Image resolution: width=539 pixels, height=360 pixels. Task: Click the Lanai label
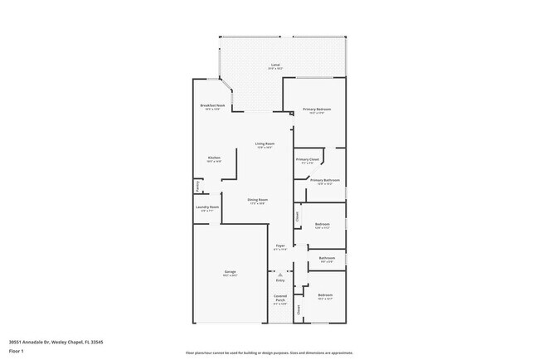(274, 65)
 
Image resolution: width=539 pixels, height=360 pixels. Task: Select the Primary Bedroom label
(318, 109)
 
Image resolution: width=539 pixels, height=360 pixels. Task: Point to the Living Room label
(265, 144)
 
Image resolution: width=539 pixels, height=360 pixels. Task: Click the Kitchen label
(214, 158)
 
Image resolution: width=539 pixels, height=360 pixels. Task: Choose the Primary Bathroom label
(325, 179)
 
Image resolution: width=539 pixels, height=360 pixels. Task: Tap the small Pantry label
(197, 185)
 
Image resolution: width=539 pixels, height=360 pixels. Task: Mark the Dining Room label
(257, 199)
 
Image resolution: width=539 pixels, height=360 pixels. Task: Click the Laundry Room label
(207, 207)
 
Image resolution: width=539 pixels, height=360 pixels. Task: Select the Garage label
(230, 272)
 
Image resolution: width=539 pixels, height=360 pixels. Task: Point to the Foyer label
(280, 246)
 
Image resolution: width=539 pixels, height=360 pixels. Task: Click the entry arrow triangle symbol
(280, 273)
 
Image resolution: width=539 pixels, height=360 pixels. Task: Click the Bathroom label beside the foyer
(327, 258)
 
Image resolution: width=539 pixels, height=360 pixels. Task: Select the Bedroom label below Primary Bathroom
(323, 224)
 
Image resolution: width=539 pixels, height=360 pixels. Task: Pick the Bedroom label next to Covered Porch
(325, 295)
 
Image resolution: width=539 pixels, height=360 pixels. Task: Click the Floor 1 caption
(17, 350)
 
